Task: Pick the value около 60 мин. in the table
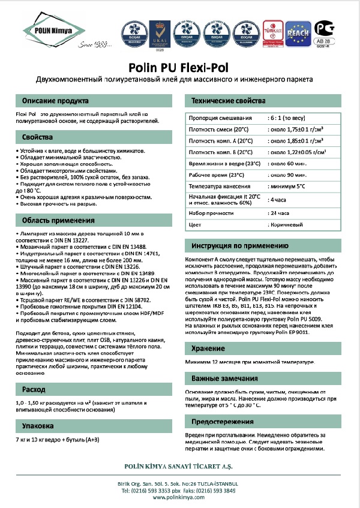287,163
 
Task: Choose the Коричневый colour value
287,224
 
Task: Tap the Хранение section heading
208,348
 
